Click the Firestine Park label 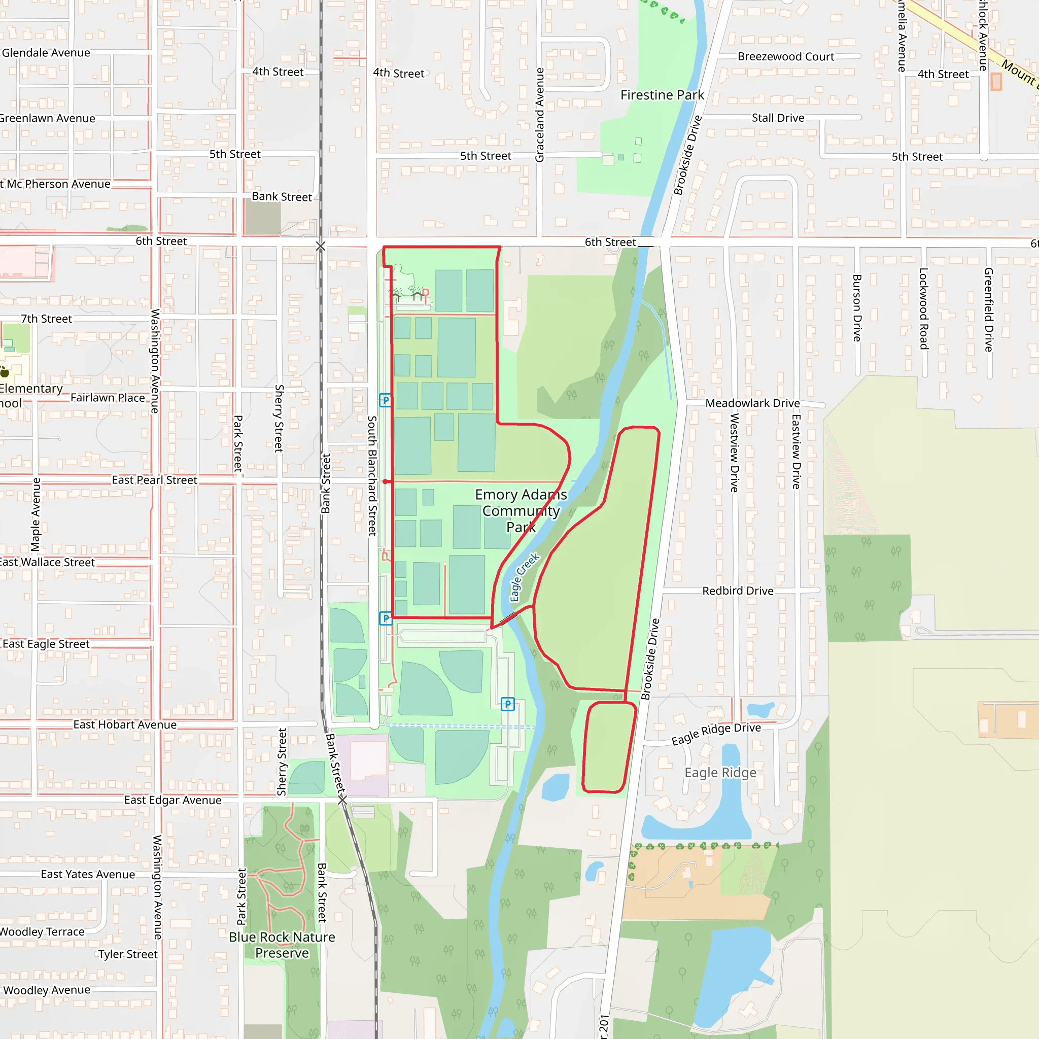click(662, 95)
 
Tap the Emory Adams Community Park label click(521, 510)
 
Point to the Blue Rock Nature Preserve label click(282, 945)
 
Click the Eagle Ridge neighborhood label click(720, 773)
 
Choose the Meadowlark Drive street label click(752, 403)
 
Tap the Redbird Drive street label click(738, 591)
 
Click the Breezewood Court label click(786, 56)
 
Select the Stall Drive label click(778, 118)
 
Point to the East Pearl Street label click(154, 480)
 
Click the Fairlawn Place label click(108, 398)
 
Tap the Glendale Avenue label click(46, 53)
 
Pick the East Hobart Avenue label click(125, 725)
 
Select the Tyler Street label click(128, 955)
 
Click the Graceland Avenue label click(539, 115)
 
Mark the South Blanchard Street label click(371, 475)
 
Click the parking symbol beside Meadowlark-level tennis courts click(385, 400)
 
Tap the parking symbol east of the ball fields click(508, 704)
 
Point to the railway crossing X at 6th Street click(321, 246)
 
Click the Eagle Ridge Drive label click(716, 734)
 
